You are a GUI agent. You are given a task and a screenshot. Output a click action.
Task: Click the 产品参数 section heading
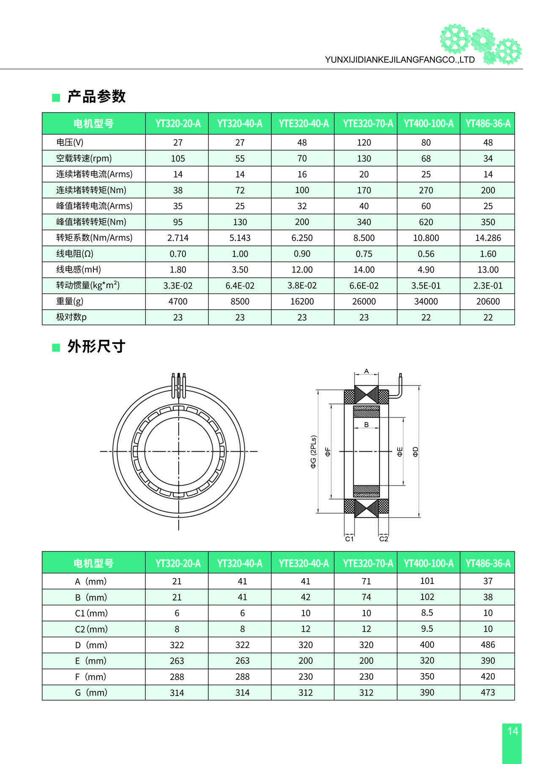point(96,97)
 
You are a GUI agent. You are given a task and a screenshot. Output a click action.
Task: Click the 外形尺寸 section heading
point(96,347)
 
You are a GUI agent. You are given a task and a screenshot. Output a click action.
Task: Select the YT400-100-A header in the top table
point(428,124)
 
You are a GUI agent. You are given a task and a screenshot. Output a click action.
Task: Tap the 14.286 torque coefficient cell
point(488,238)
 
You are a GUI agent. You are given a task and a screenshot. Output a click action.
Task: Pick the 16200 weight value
point(302,301)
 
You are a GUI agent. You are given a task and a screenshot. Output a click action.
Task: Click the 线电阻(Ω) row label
point(75,254)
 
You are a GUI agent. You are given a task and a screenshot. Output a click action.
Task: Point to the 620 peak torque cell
point(425,222)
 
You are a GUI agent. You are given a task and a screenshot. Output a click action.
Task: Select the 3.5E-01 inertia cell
point(425,286)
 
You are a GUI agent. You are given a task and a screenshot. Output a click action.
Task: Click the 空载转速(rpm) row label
point(84,158)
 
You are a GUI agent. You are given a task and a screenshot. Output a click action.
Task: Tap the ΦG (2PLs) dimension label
point(314,452)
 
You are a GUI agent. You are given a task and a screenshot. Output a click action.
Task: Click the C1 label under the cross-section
point(349,539)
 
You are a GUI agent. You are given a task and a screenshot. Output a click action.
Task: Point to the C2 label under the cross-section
point(383,539)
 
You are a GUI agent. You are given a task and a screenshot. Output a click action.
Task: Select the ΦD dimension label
point(415,452)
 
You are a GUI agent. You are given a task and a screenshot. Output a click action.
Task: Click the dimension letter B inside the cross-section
point(366,424)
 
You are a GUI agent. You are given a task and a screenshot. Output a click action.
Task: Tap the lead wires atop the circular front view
point(178,385)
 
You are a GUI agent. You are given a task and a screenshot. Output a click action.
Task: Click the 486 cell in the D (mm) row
point(488,645)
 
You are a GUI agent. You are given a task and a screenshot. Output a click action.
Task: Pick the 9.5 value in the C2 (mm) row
point(427,629)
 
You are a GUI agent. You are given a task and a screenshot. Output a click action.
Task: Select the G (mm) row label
point(91,693)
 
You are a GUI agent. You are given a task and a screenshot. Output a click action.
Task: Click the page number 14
point(513,731)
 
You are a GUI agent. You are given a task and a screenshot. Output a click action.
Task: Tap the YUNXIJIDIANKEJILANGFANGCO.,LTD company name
point(400,60)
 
